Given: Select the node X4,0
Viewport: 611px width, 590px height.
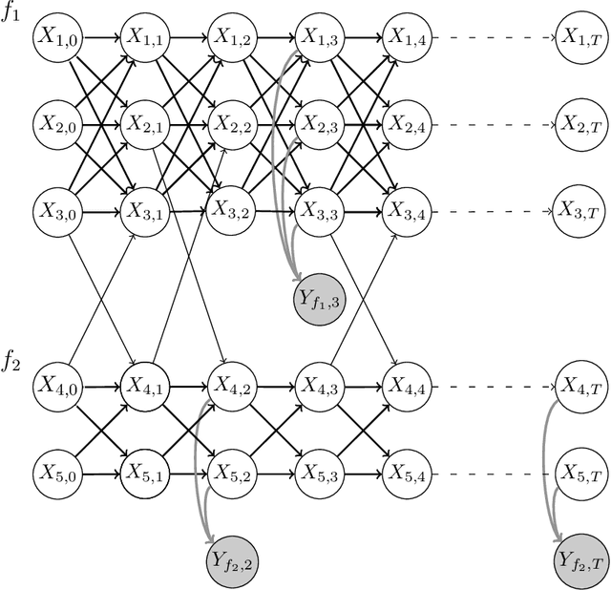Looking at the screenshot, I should [x=55, y=385].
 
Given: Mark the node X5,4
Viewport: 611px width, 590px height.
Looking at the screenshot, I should [x=406, y=472].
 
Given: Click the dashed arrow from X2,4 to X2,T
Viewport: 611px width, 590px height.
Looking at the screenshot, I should [x=493, y=123].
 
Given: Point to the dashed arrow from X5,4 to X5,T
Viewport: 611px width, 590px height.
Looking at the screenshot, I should [x=493, y=472].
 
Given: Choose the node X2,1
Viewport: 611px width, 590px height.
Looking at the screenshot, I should [x=143, y=123].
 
